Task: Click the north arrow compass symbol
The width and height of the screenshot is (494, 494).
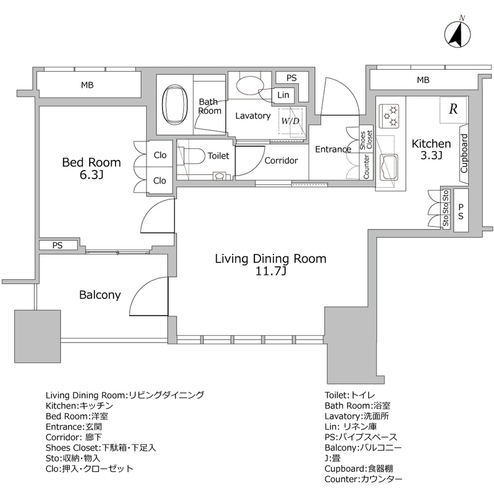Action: point(458,34)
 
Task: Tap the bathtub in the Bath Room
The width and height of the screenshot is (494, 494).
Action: point(174,104)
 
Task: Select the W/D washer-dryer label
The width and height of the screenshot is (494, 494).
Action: point(290,121)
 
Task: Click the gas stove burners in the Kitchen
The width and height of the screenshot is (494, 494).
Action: point(390,116)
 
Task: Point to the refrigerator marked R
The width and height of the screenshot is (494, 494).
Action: point(453,109)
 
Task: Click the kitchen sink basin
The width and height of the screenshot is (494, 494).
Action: point(389,167)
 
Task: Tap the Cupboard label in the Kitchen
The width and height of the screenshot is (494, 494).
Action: point(464,153)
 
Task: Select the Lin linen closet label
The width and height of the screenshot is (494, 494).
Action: point(283,95)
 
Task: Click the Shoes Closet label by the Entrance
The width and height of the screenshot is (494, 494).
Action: point(366,140)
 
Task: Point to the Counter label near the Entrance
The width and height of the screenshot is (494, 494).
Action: point(366,167)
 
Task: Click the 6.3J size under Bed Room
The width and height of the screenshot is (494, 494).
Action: point(91,175)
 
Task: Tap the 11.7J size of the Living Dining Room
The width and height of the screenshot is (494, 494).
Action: point(270,271)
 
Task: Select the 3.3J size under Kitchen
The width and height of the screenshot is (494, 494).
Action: point(431,156)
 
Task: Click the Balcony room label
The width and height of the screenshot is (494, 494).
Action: point(100,295)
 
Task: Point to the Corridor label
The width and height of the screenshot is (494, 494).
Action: point(281,161)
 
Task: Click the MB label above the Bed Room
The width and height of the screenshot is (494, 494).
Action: point(87,85)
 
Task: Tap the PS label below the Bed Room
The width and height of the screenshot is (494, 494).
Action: point(57,245)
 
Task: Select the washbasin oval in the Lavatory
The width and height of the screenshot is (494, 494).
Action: point(250,85)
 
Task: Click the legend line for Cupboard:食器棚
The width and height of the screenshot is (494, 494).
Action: point(359,469)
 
